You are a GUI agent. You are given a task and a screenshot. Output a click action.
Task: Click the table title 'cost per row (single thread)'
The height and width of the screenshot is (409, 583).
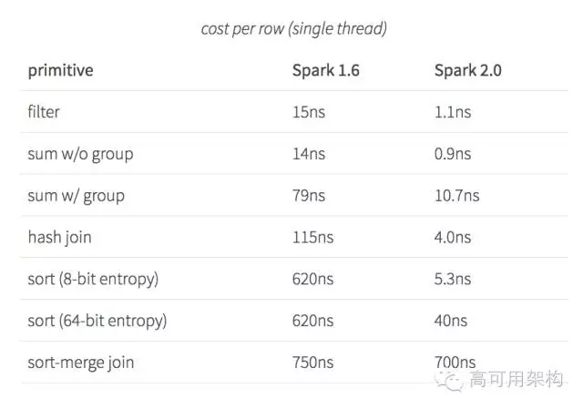[x=293, y=29]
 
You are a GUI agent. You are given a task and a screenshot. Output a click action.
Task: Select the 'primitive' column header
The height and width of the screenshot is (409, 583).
[x=60, y=70]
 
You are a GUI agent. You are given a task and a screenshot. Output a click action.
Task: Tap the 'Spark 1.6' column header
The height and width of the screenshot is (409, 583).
[x=325, y=70]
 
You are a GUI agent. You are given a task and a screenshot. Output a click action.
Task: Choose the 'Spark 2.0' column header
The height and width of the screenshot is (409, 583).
[x=468, y=70]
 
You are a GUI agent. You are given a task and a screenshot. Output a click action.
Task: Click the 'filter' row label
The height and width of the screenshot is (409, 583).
[x=44, y=112]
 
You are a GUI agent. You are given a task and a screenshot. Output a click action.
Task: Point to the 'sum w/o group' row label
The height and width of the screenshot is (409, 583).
[x=80, y=154]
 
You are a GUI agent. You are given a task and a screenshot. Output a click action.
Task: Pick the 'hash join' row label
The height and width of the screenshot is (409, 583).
[x=59, y=237]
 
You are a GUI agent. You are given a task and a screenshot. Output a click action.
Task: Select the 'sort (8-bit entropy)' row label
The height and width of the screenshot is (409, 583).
[x=93, y=279]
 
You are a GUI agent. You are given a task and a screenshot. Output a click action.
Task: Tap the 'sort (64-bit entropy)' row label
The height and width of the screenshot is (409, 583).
[x=97, y=321]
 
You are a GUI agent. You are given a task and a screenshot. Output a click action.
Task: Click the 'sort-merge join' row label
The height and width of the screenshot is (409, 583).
[x=80, y=363]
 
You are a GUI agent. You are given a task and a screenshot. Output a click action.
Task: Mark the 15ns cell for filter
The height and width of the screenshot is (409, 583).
[x=307, y=112]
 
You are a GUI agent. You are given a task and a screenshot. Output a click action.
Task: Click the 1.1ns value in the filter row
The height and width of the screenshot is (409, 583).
[x=453, y=112]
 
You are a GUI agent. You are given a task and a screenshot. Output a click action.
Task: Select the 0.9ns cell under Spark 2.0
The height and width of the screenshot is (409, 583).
[x=453, y=154]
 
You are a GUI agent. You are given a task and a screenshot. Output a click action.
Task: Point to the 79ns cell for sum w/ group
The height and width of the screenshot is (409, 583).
[x=308, y=196]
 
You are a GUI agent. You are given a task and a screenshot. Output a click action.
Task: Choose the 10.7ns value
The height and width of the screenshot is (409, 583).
[x=456, y=196]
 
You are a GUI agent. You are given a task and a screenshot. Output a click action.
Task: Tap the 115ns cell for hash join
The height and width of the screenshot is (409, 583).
[x=312, y=237]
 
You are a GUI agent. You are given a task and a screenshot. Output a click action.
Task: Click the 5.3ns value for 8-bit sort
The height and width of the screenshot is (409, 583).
[x=453, y=279]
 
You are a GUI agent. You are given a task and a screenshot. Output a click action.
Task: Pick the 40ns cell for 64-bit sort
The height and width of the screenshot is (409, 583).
[x=450, y=321]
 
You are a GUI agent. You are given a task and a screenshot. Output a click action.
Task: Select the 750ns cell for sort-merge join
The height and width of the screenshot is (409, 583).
[x=312, y=363]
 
